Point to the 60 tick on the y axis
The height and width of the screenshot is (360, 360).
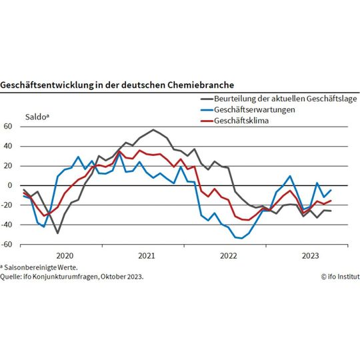9,126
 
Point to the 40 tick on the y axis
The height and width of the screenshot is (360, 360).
9,146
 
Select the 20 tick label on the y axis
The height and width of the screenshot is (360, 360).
9,165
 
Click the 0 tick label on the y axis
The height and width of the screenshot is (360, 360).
11,185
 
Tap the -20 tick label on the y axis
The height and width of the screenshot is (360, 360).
7,205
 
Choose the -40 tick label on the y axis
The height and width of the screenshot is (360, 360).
7,225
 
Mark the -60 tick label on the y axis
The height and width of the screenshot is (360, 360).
7,245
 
